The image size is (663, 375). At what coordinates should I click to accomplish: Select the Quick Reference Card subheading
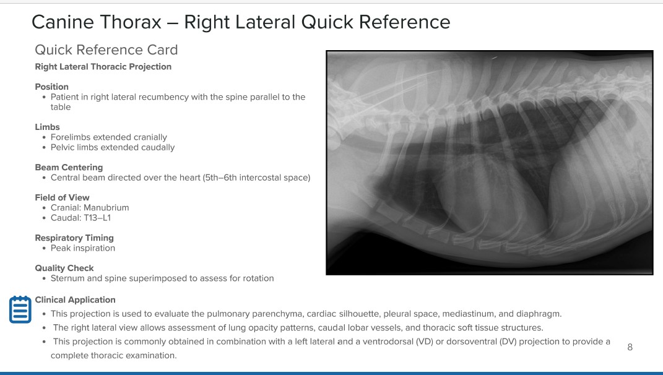coord(106,50)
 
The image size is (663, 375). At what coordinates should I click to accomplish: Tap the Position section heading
coord(51,87)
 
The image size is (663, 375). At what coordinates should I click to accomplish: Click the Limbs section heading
coord(47,127)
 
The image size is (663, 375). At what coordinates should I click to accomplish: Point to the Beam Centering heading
coord(69,168)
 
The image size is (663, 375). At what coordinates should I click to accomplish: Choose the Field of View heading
coord(62,197)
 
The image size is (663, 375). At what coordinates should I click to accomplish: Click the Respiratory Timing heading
coord(74,238)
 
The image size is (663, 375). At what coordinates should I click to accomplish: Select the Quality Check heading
coord(64,268)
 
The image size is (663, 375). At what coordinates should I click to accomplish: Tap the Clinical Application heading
coord(76,300)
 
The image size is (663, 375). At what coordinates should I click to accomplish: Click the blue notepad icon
coord(20,309)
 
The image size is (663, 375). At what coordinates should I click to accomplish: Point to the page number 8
coord(630,347)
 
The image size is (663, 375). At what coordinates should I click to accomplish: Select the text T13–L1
coord(97,218)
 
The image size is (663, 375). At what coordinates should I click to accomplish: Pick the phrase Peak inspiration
coord(83,248)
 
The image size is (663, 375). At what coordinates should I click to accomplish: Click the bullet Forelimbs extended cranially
coord(109,137)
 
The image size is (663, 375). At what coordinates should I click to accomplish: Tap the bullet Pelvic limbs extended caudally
coord(113,147)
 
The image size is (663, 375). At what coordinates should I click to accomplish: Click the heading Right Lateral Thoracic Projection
coord(103,67)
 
